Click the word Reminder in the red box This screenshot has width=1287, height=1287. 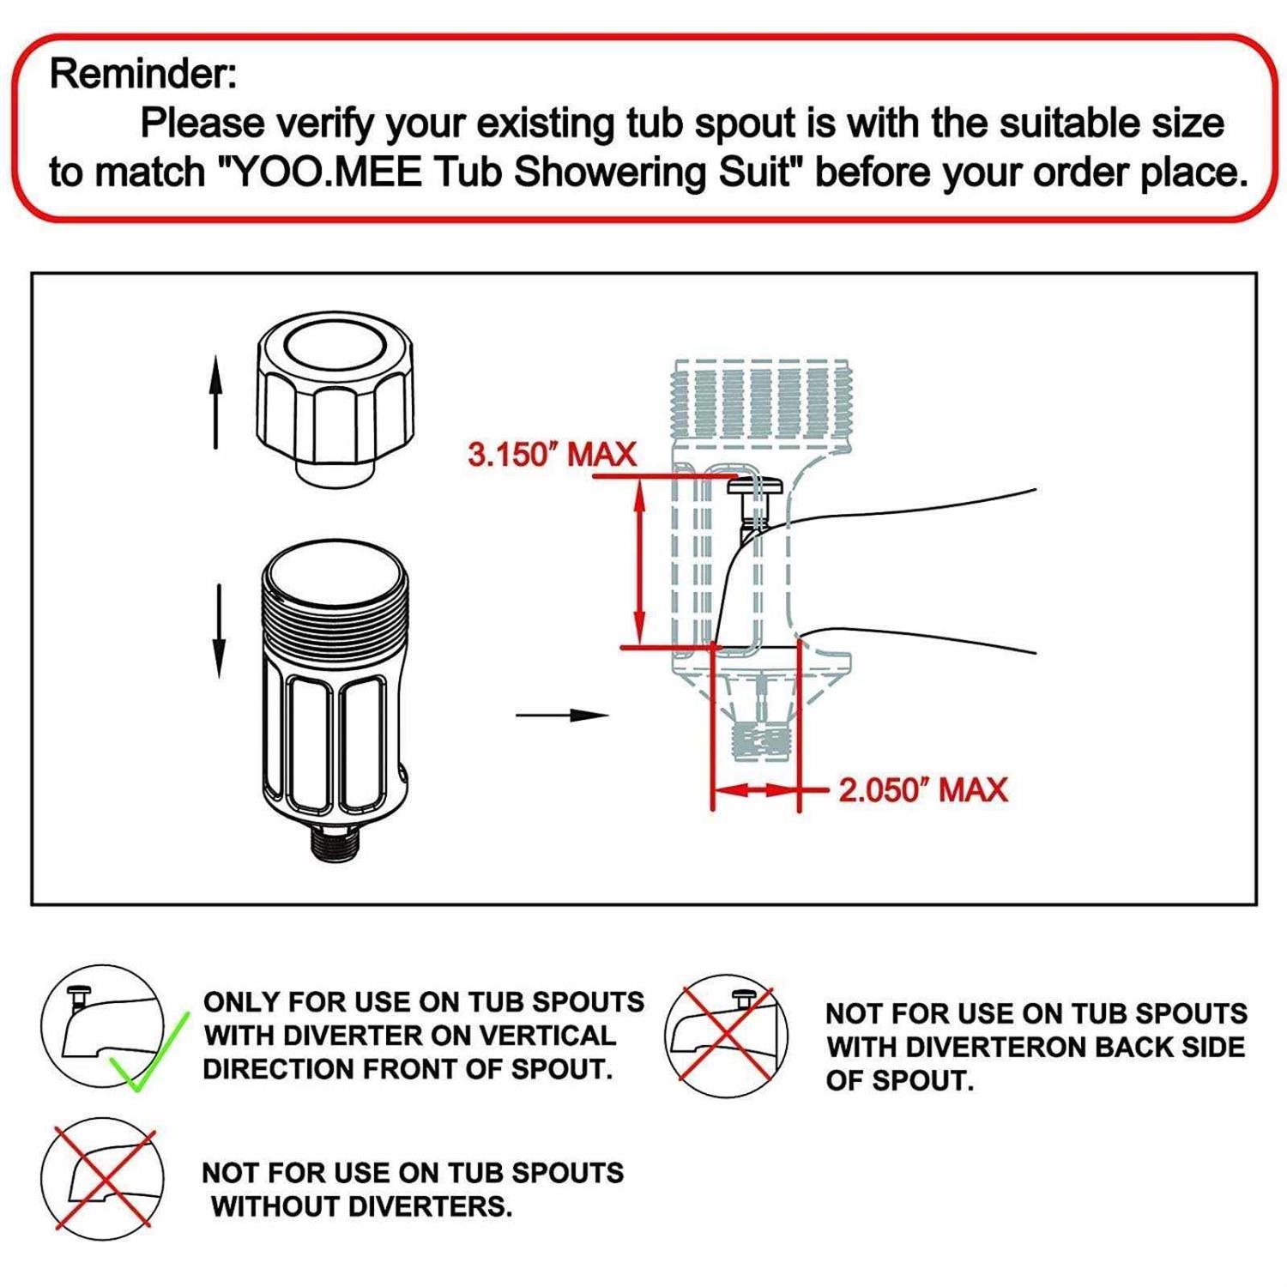click(142, 74)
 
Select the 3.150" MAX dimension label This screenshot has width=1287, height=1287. click(552, 454)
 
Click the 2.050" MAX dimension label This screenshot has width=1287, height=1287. click(922, 789)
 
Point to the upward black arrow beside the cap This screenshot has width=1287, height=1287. click(216, 403)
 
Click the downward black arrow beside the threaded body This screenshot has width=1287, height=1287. click(220, 631)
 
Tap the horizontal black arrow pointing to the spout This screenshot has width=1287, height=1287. click(562, 715)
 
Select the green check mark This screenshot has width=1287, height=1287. click(148, 1051)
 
